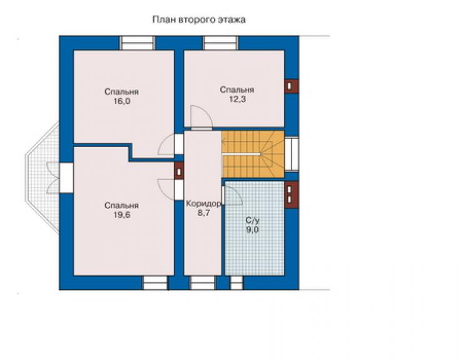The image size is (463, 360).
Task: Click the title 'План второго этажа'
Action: (x=199, y=20)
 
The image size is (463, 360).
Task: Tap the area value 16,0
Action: (x=121, y=101)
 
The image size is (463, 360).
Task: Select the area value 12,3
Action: (x=237, y=100)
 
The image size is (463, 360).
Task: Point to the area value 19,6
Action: (x=121, y=215)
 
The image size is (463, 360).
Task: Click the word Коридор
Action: (x=204, y=203)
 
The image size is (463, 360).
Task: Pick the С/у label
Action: (x=253, y=220)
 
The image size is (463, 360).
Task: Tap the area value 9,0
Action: (x=253, y=229)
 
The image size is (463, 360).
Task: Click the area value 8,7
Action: (x=203, y=213)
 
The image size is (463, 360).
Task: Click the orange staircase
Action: (x=253, y=154)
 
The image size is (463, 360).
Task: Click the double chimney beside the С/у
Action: (x=291, y=195)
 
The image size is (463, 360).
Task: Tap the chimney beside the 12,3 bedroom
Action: (x=291, y=86)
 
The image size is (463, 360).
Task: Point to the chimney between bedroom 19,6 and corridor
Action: (x=179, y=172)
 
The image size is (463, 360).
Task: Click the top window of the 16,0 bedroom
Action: (x=137, y=43)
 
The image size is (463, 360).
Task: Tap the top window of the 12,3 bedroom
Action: (x=220, y=43)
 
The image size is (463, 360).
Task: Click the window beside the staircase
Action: (x=292, y=153)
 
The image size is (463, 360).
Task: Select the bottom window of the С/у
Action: (x=237, y=283)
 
